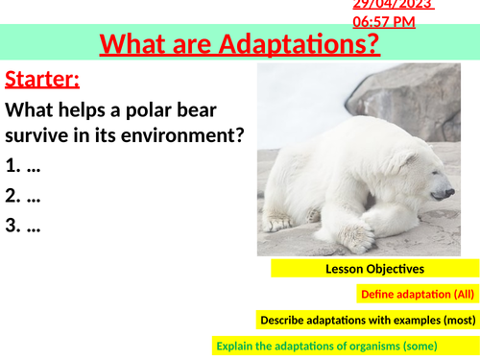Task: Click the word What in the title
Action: (132, 44)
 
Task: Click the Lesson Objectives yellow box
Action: (374, 269)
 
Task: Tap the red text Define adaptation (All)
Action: (418, 294)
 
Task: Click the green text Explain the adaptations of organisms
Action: (326, 345)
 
